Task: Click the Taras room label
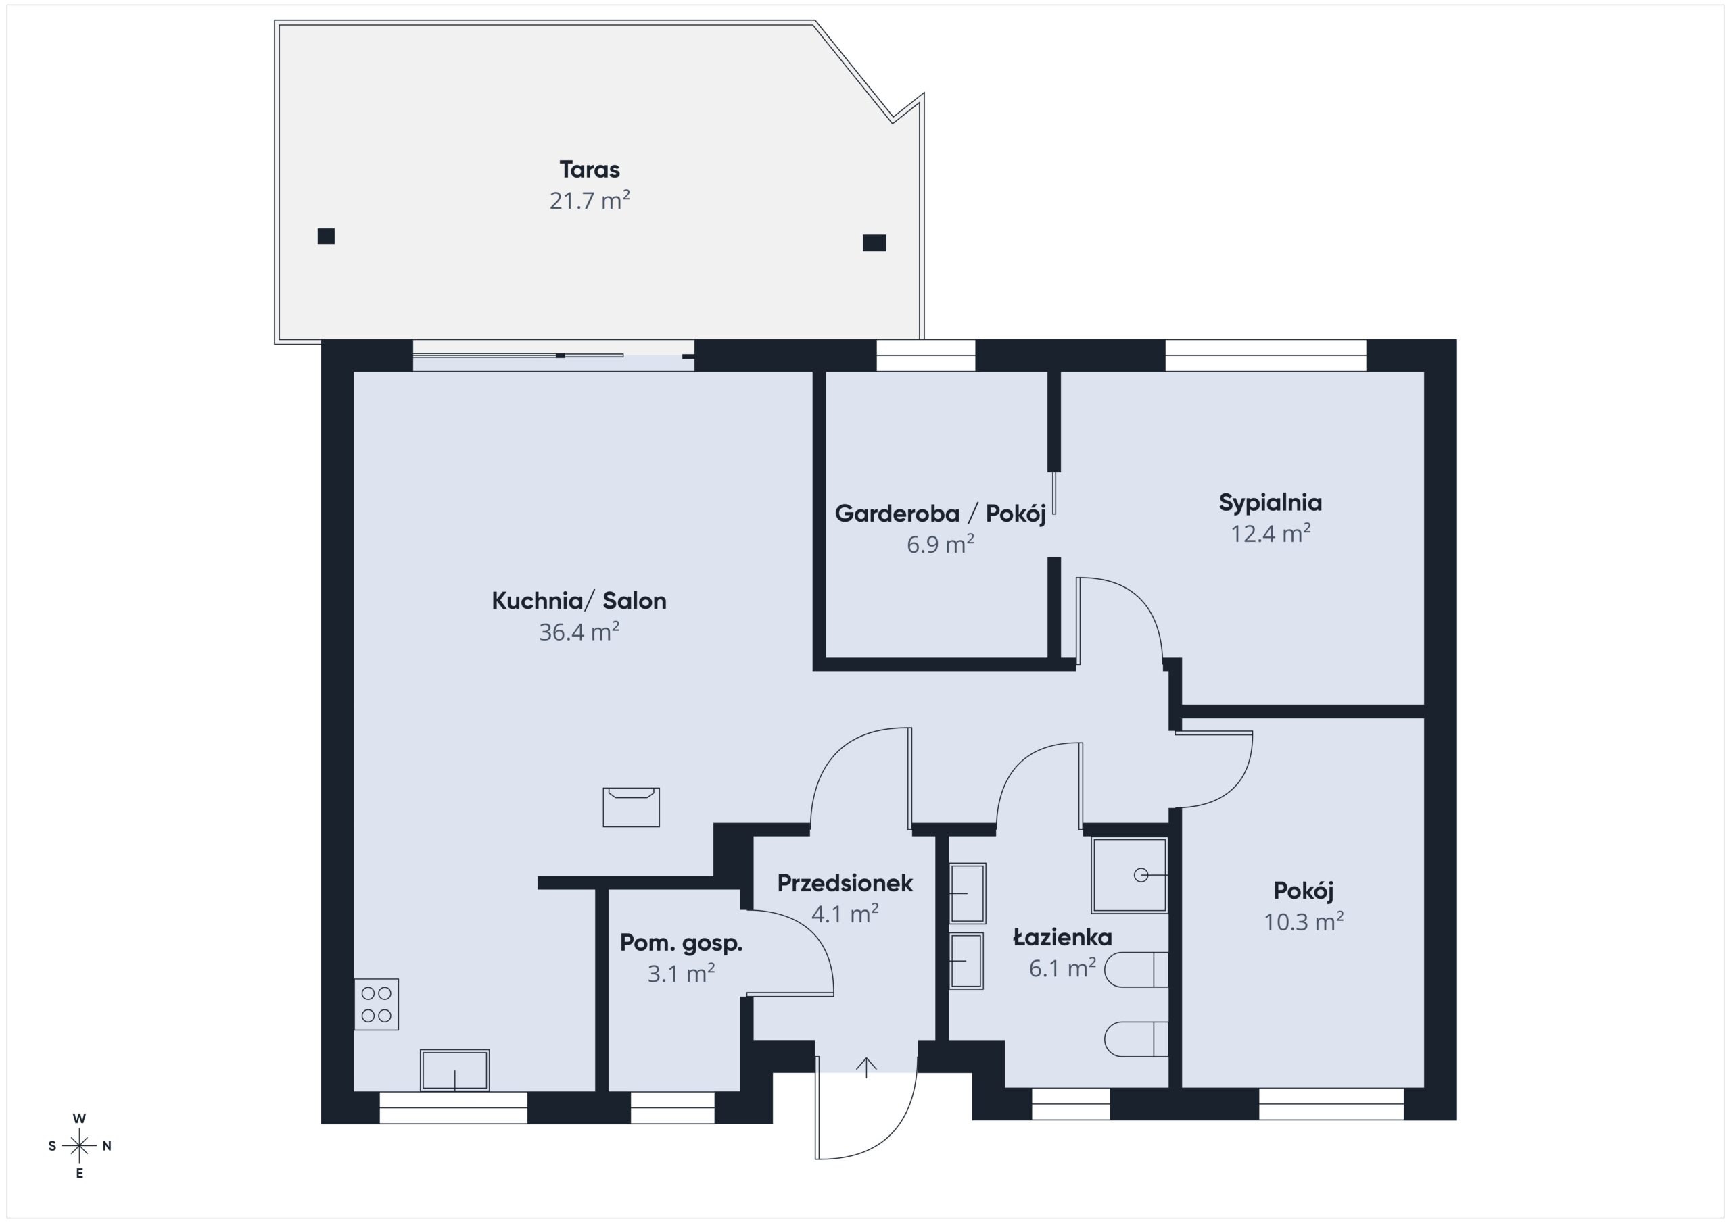click(x=590, y=170)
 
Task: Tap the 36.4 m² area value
click(x=579, y=632)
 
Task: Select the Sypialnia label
click(x=1271, y=503)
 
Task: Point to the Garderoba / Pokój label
click(x=940, y=514)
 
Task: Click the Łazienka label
click(x=1062, y=937)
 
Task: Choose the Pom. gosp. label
click(x=682, y=943)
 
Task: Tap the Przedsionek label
click(x=845, y=883)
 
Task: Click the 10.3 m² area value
click(x=1304, y=922)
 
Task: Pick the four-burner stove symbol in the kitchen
click(x=376, y=1005)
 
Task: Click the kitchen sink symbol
click(x=454, y=1070)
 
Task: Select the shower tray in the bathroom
click(x=1129, y=875)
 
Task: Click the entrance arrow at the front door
click(x=866, y=1068)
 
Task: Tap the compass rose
click(x=79, y=1146)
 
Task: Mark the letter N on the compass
click(x=107, y=1146)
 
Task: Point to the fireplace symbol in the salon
click(x=631, y=807)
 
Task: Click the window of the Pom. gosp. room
click(x=673, y=1107)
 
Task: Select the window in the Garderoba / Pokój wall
click(x=926, y=355)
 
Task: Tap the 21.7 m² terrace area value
click(x=590, y=201)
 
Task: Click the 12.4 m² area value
click(x=1271, y=534)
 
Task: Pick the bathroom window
click(x=1070, y=1104)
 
